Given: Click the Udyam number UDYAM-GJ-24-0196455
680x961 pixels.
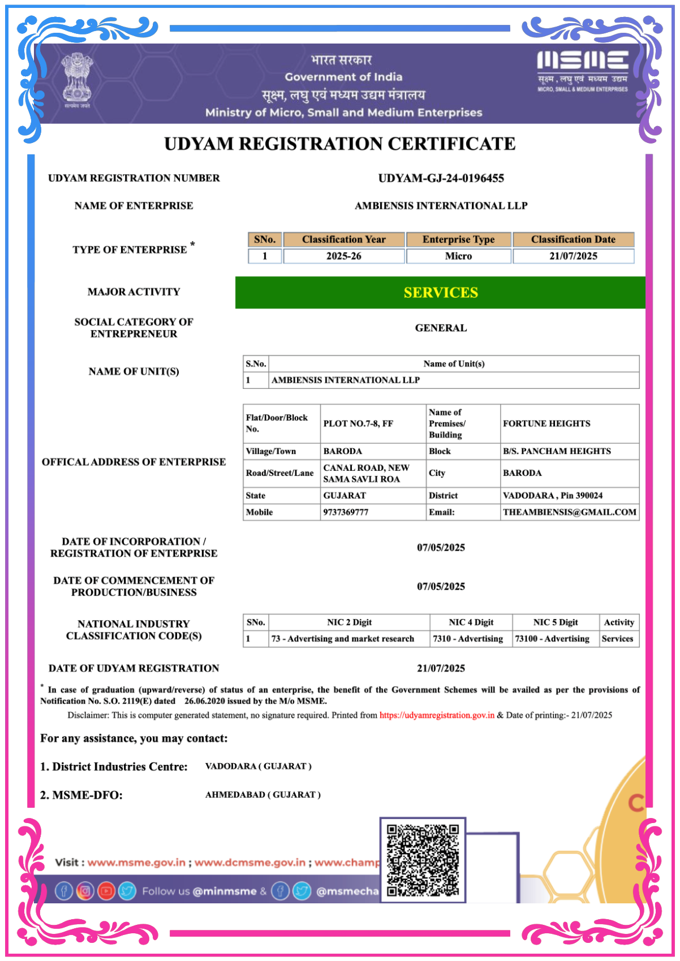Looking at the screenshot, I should pyautogui.click(x=441, y=178).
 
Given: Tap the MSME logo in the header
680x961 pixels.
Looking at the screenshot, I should pyautogui.click(x=582, y=71).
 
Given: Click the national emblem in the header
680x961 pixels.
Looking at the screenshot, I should pyautogui.click(x=77, y=80).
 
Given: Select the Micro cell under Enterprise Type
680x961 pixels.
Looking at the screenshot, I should pyautogui.click(x=458, y=256).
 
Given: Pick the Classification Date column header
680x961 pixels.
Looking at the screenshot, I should pyautogui.click(x=573, y=239).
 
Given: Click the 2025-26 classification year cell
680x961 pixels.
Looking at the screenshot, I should pyautogui.click(x=343, y=256).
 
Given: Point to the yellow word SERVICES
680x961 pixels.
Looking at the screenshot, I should pyautogui.click(x=441, y=292).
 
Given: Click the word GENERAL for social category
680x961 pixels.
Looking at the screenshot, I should pyautogui.click(x=441, y=328).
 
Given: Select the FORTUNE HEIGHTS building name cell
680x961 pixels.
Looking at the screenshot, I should pyautogui.click(x=546, y=423).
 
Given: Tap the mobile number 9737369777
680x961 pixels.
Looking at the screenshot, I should pyautogui.click(x=345, y=512).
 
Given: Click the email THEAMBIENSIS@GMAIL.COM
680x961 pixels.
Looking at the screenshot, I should pyautogui.click(x=569, y=512).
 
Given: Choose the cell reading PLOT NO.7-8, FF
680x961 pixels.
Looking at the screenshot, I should pyautogui.click(x=358, y=423).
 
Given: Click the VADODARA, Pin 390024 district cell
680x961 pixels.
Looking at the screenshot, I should pyautogui.click(x=552, y=495).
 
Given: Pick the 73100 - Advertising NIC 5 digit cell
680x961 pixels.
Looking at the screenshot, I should pyautogui.click(x=552, y=639).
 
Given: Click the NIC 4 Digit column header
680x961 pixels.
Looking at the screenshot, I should pyautogui.click(x=471, y=622).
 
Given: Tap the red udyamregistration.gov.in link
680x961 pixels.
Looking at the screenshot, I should pyautogui.click(x=437, y=715).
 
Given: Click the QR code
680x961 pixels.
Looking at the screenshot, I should pyautogui.click(x=422, y=860).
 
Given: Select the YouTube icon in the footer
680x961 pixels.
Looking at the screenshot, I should pyautogui.click(x=106, y=891).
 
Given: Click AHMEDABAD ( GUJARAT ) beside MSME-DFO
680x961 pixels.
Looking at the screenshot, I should pyautogui.click(x=262, y=795).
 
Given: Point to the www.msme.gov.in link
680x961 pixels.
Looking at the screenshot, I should pyautogui.click(x=136, y=863).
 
